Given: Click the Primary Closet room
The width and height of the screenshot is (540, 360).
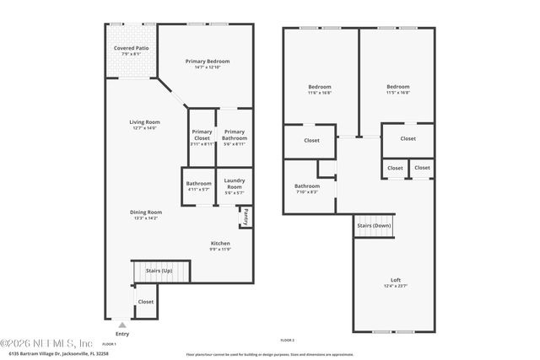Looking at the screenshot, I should pos(202,136).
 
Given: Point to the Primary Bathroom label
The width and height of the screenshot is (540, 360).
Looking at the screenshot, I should pos(235,136).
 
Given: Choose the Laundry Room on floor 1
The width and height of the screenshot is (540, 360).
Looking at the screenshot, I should pos(235,186).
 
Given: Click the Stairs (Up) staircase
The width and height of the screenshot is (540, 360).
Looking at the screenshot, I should pos(160,271).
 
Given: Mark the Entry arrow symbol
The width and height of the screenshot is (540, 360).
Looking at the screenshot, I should pos(122,325).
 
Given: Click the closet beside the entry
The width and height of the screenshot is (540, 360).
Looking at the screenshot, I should pos(146,302).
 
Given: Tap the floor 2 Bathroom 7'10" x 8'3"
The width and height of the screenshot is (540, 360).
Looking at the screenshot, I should pos(306,188).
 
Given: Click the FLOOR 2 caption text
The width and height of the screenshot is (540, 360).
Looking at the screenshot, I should pos(287,340).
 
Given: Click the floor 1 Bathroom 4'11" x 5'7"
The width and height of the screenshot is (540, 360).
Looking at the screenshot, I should pos(199,186).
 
